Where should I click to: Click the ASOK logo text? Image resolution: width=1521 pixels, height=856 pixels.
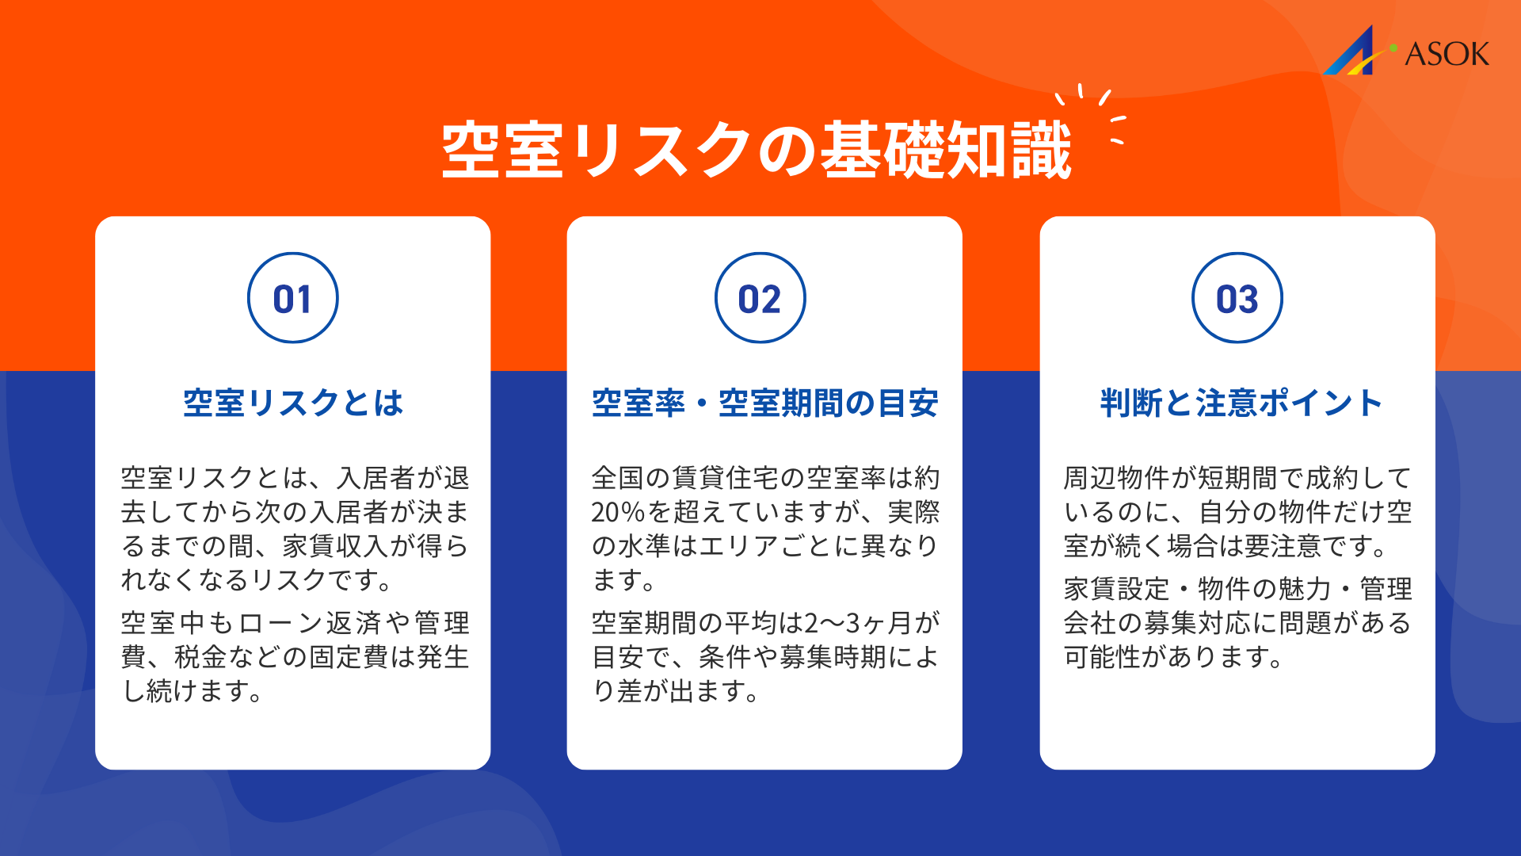(1447, 54)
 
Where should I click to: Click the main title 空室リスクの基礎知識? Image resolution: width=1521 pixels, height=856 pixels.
(757, 151)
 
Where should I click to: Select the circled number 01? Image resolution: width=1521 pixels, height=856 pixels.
(293, 299)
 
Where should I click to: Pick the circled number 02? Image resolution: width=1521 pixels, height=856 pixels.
(760, 299)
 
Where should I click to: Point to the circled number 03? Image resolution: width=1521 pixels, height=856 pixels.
(1237, 299)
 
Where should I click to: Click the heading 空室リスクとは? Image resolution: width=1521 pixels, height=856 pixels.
(293, 403)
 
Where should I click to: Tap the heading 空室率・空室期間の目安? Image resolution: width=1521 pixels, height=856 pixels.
(764, 403)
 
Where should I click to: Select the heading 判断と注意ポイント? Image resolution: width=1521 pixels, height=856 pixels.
(1241, 403)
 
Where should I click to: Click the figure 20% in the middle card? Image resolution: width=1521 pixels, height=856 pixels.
(619, 513)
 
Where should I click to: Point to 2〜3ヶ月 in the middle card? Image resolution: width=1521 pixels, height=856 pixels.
(845, 623)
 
